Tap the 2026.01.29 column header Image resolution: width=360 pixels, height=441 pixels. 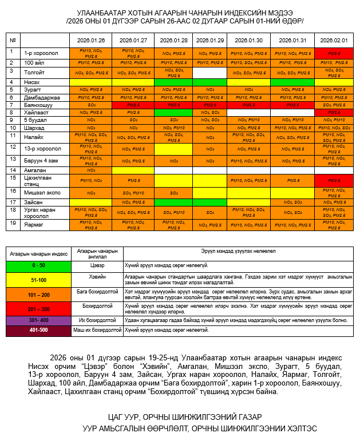[209, 41]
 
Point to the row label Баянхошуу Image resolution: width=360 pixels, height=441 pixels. [38, 105]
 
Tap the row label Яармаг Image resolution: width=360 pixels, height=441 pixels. [34, 222]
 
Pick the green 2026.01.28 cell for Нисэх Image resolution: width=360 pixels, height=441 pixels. [173, 82]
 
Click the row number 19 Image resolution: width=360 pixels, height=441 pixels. [12, 222]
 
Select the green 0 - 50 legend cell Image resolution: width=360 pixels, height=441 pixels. [38, 265]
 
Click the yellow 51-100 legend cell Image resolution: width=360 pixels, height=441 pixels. [38, 279]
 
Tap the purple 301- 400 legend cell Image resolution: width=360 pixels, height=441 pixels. [38, 320]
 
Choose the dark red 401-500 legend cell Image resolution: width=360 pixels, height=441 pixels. [38, 330]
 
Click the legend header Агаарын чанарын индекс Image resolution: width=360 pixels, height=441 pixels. [38, 252]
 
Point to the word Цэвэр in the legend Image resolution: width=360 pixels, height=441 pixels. [97, 265]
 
